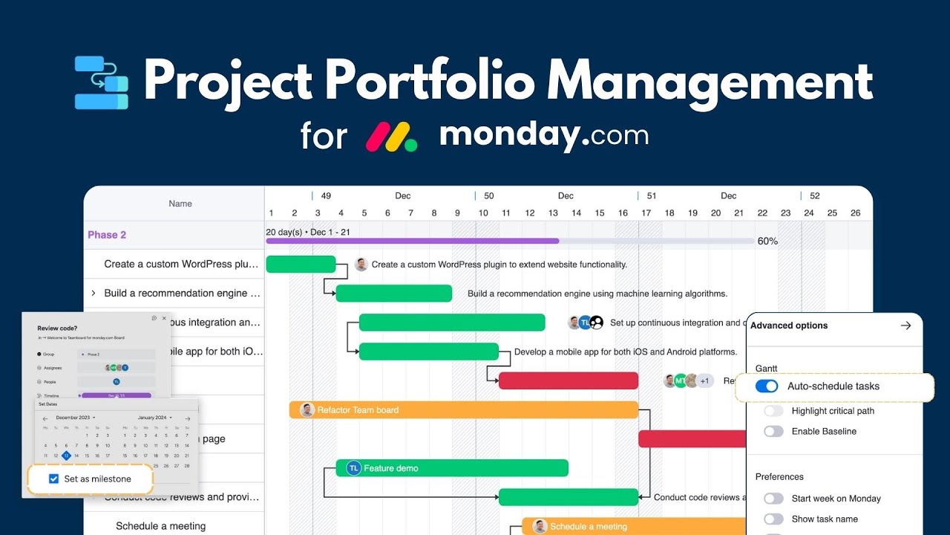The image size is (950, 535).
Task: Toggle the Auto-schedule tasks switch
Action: (x=767, y=386)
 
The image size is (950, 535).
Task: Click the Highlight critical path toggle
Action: (x=773, y=411)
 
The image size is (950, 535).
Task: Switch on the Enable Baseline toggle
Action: (x=773, y=431)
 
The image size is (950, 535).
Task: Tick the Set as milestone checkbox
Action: (x=53, y=479)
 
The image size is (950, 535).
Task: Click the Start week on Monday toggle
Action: (x=773, y=499)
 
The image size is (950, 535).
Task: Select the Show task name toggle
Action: (x=773, y=519)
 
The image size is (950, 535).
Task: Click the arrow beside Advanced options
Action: (x=905, y=325)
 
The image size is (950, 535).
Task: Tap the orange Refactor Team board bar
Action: (x=464, y=409)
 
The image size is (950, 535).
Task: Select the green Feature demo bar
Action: (x=452, y=468)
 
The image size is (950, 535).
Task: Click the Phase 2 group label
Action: (x=107, y=235)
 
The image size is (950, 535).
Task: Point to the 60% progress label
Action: (x=767, y=241)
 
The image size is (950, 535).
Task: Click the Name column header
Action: (x=180, y=204)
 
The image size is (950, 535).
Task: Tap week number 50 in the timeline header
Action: (x=488, y=196)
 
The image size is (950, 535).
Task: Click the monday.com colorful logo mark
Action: (x=391, y=137)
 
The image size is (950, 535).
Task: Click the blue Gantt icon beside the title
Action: (x=102, y=82)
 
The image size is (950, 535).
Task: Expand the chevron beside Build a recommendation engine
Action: (x=93, y=294)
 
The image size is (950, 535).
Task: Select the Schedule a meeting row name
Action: (x=160, y=526)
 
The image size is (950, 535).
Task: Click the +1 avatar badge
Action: (x=704, y=381)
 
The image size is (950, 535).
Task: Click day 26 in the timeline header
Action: (x=855, y=213)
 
